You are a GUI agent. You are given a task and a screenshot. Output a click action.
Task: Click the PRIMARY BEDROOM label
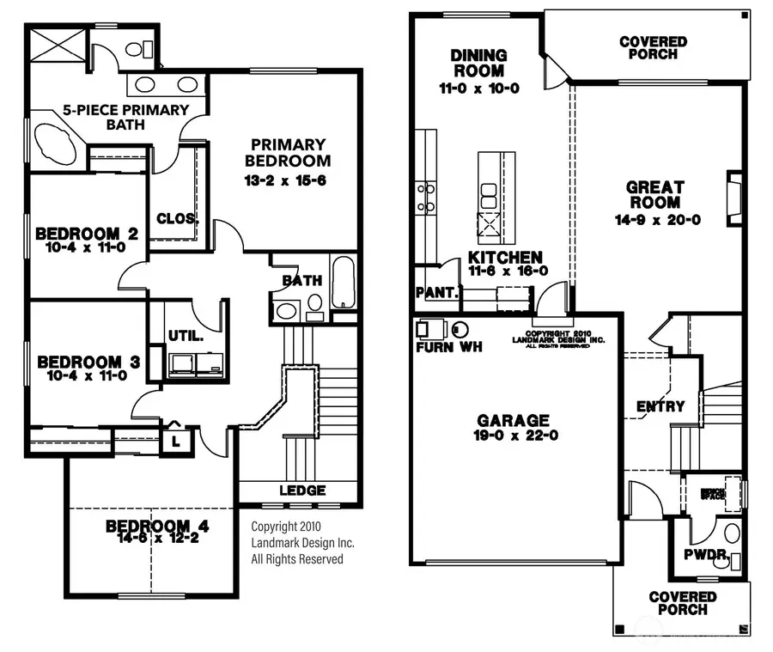point(288,153)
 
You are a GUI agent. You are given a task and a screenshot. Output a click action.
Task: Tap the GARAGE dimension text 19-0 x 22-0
point(513,436)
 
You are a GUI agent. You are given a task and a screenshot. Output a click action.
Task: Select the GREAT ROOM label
point(654,195)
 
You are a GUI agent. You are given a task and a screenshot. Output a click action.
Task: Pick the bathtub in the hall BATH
point(344,281)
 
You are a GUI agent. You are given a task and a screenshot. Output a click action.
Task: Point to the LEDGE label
point(302,491)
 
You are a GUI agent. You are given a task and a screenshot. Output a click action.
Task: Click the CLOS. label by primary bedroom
point(178,218)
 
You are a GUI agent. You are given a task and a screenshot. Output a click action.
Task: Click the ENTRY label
point(660,406)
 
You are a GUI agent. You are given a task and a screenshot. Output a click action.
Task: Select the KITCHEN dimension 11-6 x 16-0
point(508,271)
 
